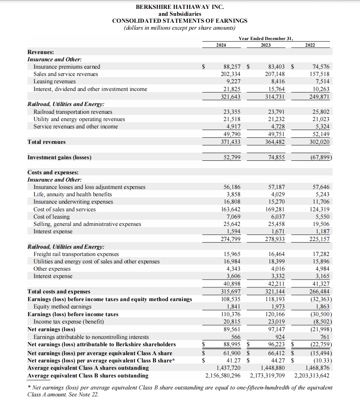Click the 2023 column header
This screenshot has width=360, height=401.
266,45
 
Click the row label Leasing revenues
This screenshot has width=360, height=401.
54,81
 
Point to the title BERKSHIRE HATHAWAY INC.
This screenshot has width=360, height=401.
180,7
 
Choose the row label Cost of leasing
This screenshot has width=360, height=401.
52,217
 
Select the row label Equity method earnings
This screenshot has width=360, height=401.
62,307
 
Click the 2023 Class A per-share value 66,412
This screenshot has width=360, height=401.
276,353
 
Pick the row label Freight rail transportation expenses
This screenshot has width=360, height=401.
76,254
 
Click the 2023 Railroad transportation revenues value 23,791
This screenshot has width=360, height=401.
276,112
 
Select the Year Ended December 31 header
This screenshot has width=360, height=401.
266,39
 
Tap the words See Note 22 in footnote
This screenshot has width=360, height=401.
79,394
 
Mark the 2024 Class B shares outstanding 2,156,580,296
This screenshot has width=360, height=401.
223,376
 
